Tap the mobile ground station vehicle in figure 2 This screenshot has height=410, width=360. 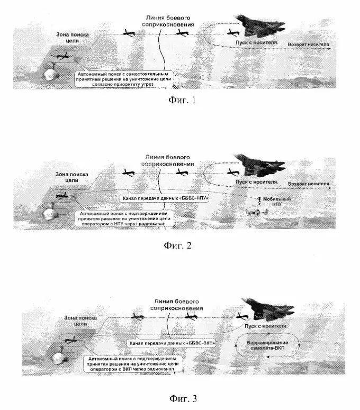coord(257,212)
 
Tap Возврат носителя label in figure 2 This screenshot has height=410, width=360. coord(309,184)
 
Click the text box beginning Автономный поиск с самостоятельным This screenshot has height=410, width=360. coord(125,78)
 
